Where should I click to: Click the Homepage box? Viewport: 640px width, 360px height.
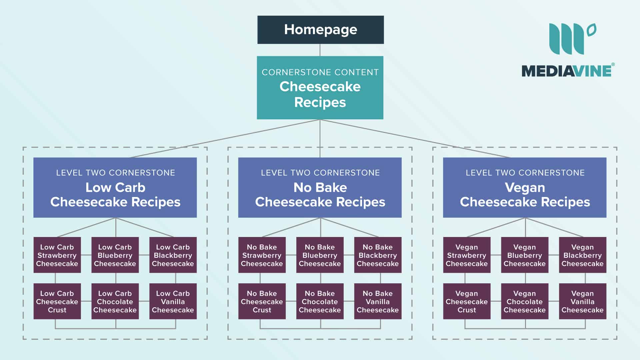click(320, 30)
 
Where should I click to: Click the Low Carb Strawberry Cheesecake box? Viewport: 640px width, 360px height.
click(57, 255)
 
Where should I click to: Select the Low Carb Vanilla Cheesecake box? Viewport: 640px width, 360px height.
click(173, 301)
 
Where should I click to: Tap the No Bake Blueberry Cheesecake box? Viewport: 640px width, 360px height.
click(320, 255)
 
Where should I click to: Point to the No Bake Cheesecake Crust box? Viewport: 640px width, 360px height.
click(262, 301)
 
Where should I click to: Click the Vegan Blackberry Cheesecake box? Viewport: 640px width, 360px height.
click(582, 255)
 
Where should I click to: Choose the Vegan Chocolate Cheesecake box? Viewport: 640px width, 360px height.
click(524, 301)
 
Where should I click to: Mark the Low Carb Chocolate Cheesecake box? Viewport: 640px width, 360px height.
click(115, 301)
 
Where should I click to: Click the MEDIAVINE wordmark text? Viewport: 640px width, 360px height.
click(567, 71)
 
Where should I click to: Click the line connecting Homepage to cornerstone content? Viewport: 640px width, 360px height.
click(320, 50)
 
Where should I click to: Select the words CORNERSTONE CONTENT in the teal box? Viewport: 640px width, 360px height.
click(320, 72)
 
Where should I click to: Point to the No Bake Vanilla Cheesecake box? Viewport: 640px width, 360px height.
click(378, 301)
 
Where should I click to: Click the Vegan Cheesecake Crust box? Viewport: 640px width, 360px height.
click(467, 301)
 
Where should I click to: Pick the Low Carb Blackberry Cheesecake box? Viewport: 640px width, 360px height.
click(173, 255)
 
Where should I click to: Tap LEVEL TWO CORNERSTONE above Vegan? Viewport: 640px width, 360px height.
click(525, 173)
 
